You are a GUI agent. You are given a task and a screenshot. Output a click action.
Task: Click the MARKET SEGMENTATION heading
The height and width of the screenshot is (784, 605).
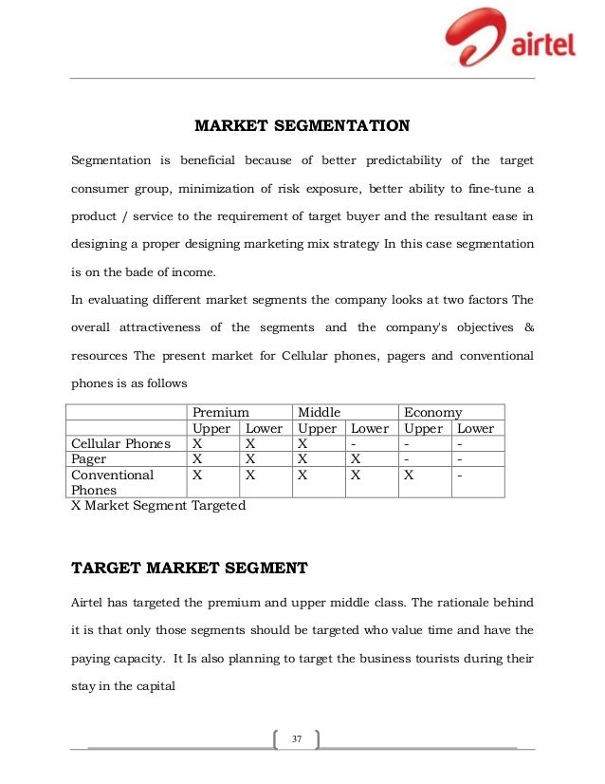302,125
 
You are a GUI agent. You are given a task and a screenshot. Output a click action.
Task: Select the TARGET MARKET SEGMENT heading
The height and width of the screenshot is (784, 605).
190,569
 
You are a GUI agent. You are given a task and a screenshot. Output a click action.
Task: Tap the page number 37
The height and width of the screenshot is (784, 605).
296,738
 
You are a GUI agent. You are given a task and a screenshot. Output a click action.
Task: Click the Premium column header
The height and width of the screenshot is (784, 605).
221,413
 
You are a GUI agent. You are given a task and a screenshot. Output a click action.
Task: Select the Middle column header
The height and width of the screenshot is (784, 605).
320,413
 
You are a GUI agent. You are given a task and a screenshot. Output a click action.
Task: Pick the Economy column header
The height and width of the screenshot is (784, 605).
433,413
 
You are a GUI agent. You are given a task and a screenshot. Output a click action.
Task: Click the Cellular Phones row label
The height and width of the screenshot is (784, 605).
121,443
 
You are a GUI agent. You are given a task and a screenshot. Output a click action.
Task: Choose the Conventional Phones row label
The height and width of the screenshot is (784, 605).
112,481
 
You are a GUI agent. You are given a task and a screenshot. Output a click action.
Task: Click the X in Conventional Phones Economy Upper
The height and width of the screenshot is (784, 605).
409,474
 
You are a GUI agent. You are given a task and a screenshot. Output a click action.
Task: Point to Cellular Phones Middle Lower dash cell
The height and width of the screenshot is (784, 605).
354,443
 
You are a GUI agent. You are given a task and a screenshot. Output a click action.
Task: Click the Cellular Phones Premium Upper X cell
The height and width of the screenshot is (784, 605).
196,443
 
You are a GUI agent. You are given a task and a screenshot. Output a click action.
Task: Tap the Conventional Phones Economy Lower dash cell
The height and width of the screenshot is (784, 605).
460,474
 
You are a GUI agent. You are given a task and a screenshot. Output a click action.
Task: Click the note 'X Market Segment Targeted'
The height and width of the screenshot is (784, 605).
158,506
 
